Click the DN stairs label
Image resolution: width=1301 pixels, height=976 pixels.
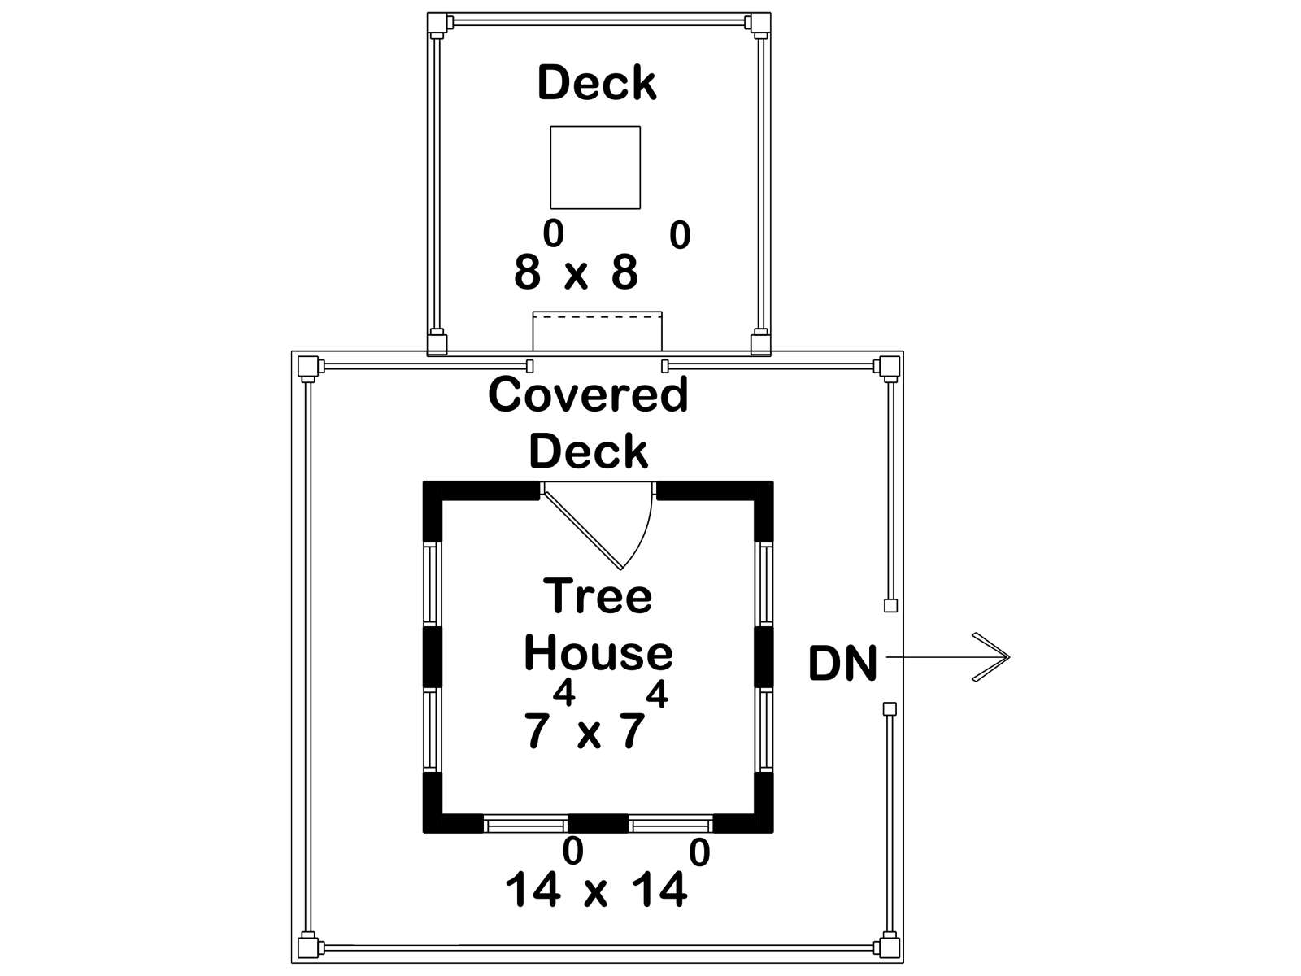pos(842,664)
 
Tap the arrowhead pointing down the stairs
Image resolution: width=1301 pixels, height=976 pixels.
pos(991,657)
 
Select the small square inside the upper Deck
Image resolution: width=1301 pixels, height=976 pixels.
pos(595,167)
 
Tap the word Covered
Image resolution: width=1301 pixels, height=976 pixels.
pos(588,394)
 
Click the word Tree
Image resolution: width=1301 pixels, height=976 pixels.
pos(598,595)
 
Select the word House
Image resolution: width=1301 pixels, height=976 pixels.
pos(598,653)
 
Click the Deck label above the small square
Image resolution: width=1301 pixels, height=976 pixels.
pos(597,82)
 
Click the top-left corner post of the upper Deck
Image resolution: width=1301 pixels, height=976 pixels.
pos(437,23)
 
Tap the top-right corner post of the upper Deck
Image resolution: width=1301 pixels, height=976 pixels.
pos(760,23)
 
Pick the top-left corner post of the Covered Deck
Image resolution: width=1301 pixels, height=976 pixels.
pos(307,367)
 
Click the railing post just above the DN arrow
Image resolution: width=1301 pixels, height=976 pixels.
pos(890,605)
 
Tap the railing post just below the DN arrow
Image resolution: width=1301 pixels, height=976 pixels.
pos(890,708)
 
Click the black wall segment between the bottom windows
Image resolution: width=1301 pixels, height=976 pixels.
pos(598,823)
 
